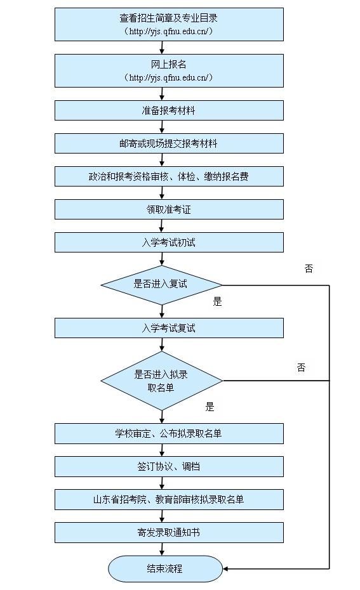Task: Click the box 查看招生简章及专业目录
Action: click(169, 24)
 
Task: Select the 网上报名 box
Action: click(169, 70)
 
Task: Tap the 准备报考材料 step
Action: click(169, 110)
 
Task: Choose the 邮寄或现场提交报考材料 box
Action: click(169, 143)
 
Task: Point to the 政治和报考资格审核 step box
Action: click(169, 176)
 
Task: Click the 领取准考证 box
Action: click(169, 209)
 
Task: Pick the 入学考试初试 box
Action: click(169, 242)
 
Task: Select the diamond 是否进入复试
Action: click(161, 285)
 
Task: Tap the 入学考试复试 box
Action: click(169, 328)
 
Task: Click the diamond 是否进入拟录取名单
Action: click(161, 381)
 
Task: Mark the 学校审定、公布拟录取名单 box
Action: click(169, 434)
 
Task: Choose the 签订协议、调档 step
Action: click(169, 467)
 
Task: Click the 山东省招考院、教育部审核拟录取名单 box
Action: click(169, 500)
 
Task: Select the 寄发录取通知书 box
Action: click(169, 533)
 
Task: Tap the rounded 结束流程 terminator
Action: click(165, 568)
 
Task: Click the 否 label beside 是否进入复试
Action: click(309, 269)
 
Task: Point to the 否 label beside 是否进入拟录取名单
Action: click(301, 367)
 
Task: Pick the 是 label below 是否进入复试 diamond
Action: click(217, 302)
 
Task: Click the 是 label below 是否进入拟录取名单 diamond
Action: click(210, 407)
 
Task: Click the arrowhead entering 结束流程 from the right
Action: click(226, 568)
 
